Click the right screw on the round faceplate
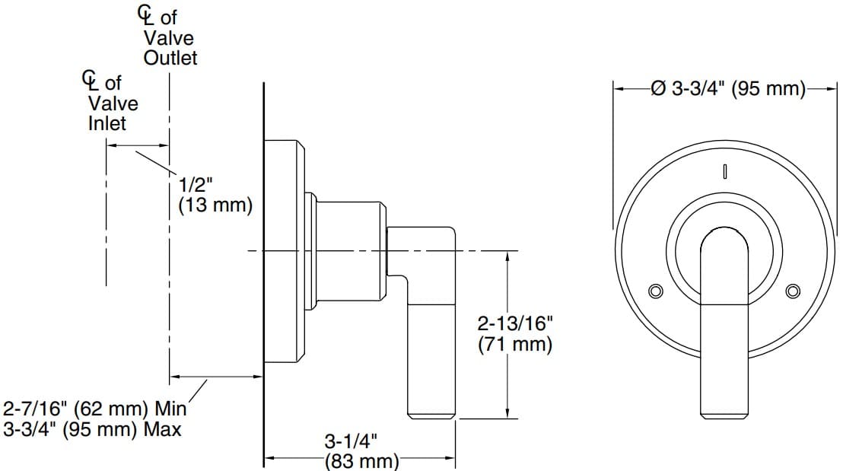(793, 291)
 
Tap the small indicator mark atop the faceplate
(726, 173)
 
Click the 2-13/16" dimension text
(515, 323)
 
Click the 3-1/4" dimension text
(352, 441)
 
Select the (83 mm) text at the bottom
(361, 461)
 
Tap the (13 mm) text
(215, 205)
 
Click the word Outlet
(170, 58)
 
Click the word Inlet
(107, 123)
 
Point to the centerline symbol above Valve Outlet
(143, 14)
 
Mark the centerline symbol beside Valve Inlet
(89, 79)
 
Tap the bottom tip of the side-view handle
(432, 415)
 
